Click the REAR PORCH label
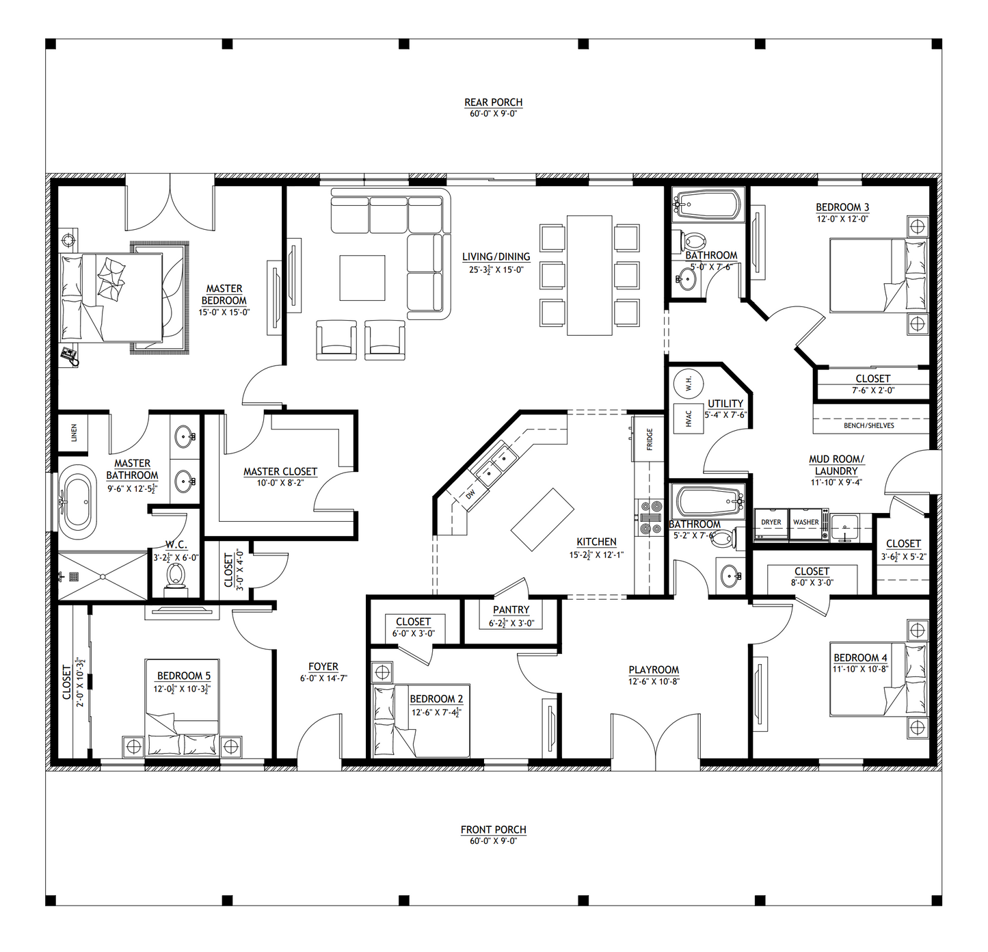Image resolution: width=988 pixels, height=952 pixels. (493, 102)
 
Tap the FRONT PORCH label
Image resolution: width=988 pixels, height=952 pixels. (493, 829)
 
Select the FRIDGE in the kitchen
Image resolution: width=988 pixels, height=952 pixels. (648, 438)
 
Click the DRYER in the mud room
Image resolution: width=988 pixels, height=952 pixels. (771, 523)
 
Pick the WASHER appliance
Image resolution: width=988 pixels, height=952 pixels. (805, 523)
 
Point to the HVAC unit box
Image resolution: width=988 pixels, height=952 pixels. (689, 419)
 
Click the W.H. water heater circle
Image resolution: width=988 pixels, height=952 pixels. (689, 384)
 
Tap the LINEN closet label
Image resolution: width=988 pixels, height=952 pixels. (74, 433)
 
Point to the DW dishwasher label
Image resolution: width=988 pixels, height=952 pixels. (470, 493)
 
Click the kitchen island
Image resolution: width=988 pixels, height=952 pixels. (542, 519)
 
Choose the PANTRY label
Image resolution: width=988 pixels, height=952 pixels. (511, 610)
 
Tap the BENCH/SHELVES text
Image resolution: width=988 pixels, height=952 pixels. (869, 425)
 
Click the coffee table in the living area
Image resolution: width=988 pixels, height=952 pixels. (362, 278)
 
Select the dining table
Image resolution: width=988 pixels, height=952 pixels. (589, 275)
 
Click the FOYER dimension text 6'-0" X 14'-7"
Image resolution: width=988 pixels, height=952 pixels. (323, 678)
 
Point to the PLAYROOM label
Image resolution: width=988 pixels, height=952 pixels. (654, 670)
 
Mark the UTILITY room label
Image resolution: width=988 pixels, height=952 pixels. (725, 403)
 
